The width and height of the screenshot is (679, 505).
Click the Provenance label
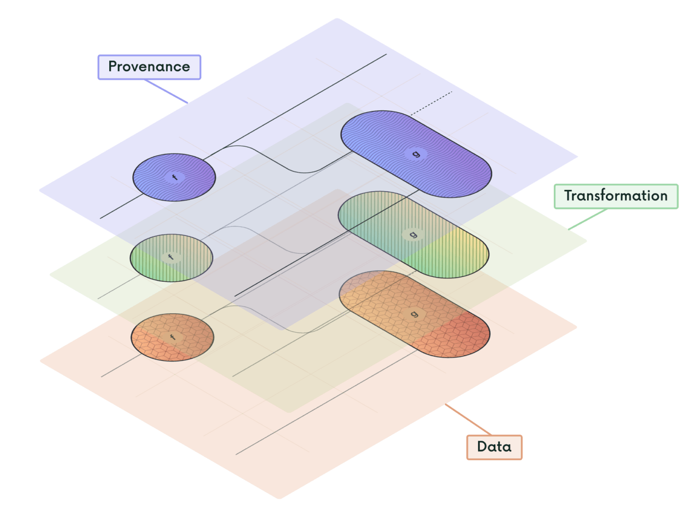click(x=149, y=67)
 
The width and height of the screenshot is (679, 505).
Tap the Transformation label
click(x=615, y=196)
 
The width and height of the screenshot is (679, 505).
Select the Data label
click(x=494, y=447)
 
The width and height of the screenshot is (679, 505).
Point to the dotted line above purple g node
click(x=432, y=103)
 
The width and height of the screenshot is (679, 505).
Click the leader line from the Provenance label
click(x=167, y=92)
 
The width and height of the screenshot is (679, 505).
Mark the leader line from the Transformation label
click(x=586, y=219)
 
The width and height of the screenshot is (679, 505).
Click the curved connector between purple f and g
click(x=275, y=159)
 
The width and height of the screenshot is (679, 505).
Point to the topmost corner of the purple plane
click(x=337, y=19)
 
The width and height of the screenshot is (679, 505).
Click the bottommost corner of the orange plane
click(x=279, y=498)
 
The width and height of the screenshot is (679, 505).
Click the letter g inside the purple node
click(x=416, y=154)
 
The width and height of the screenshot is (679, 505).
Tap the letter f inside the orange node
click(x=172, y=337)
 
